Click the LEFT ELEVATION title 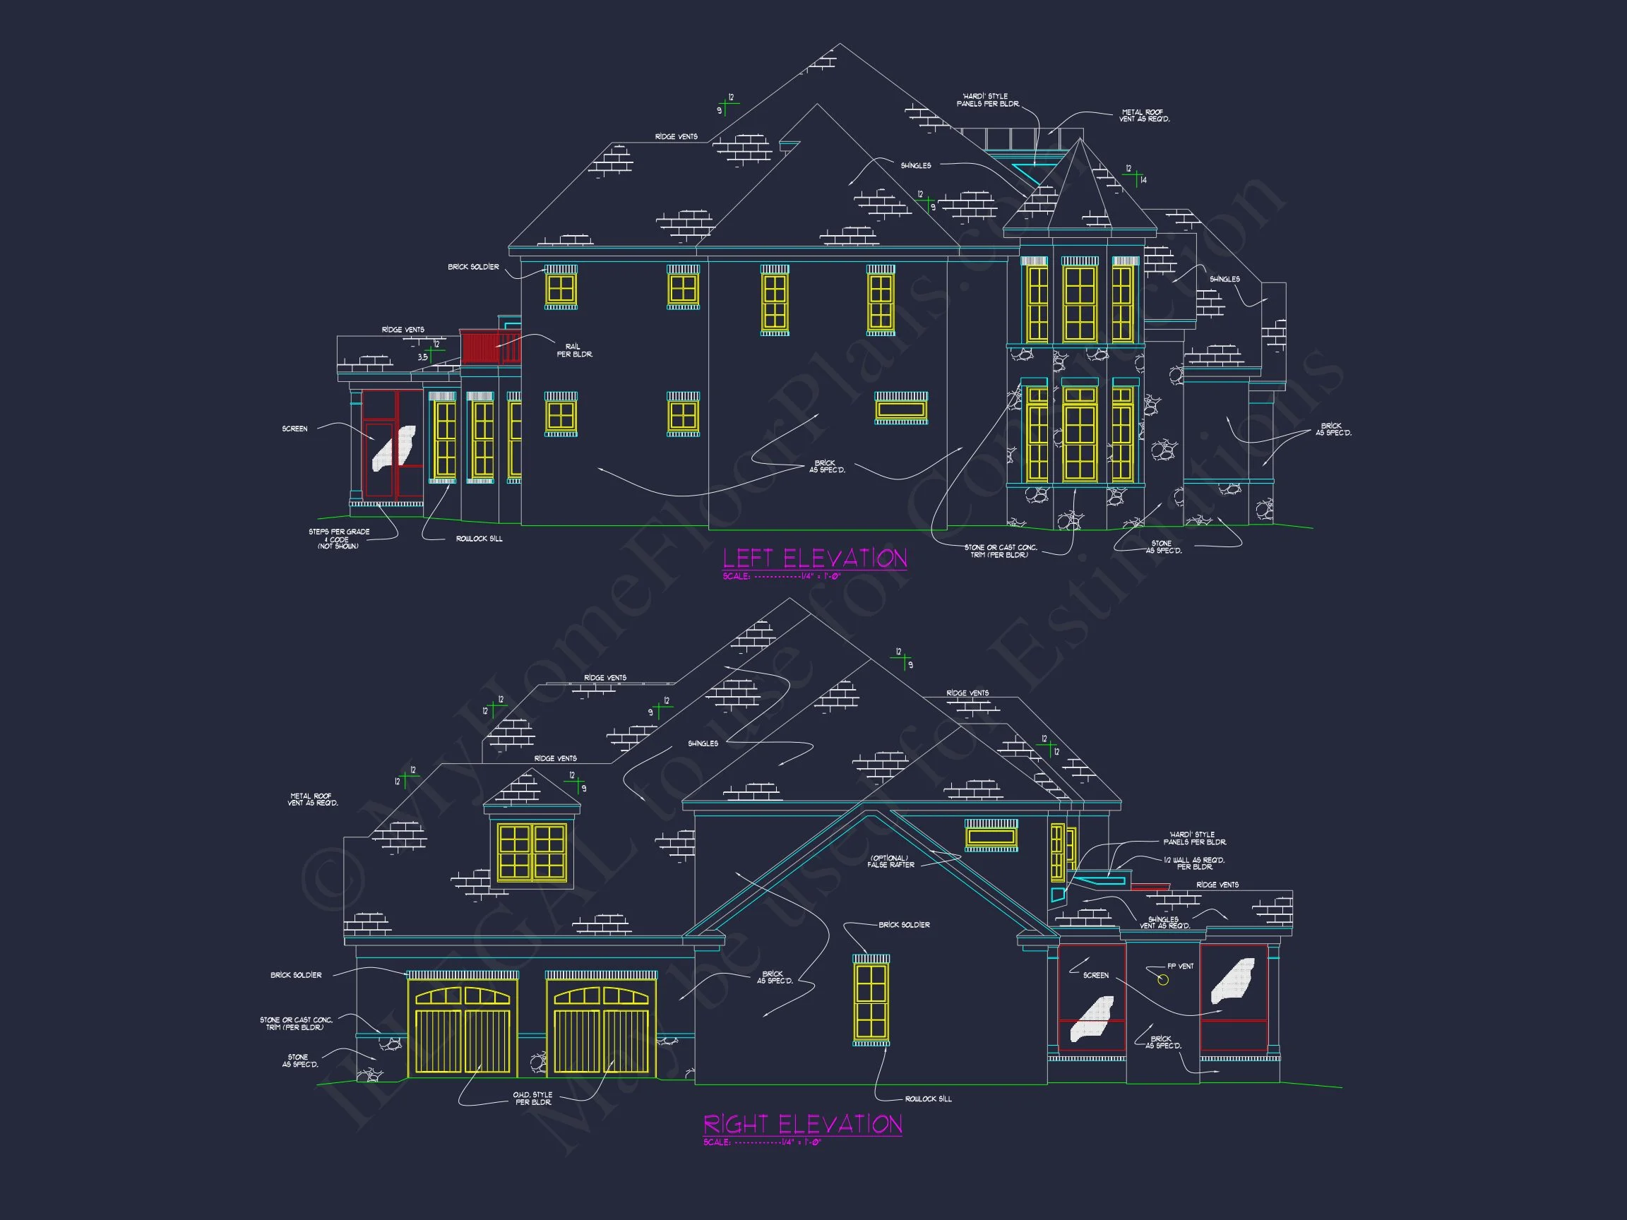pyautogui.click(x=814, y=559)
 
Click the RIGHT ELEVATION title pyautogui.click(x=802, y=1125)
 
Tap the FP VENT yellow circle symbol pyautogui.click(x=1163, y=979)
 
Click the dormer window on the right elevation pyautogui.click(x=532, y=852)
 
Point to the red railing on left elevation pyautogui.click(x=490, y=347)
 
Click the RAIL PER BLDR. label pyautogui.click(x=573, y=351)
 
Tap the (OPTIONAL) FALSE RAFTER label pyautogui.click(x=890, y=861)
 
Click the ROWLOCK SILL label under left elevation pyautogui.click(x=479, y=539)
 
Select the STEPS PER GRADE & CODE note pyautogui.click(x=339, y=539)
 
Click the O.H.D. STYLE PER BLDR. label pyautogui.click(x=532, y=1099)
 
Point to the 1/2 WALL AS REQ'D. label pyautogui.click(x=1194, y=863)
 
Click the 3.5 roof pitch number pyautogui.click(x=423, y=357)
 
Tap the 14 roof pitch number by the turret pyautogui.click(x=1143, y=180)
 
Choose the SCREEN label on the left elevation pyautogui.click(x=295, y=429)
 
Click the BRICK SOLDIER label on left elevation pyautogui.click(x=473, y=267)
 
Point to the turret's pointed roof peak pyautogui.click(x=1080, y=140)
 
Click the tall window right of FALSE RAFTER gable pyautogui.click(x=871, y=1001)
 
